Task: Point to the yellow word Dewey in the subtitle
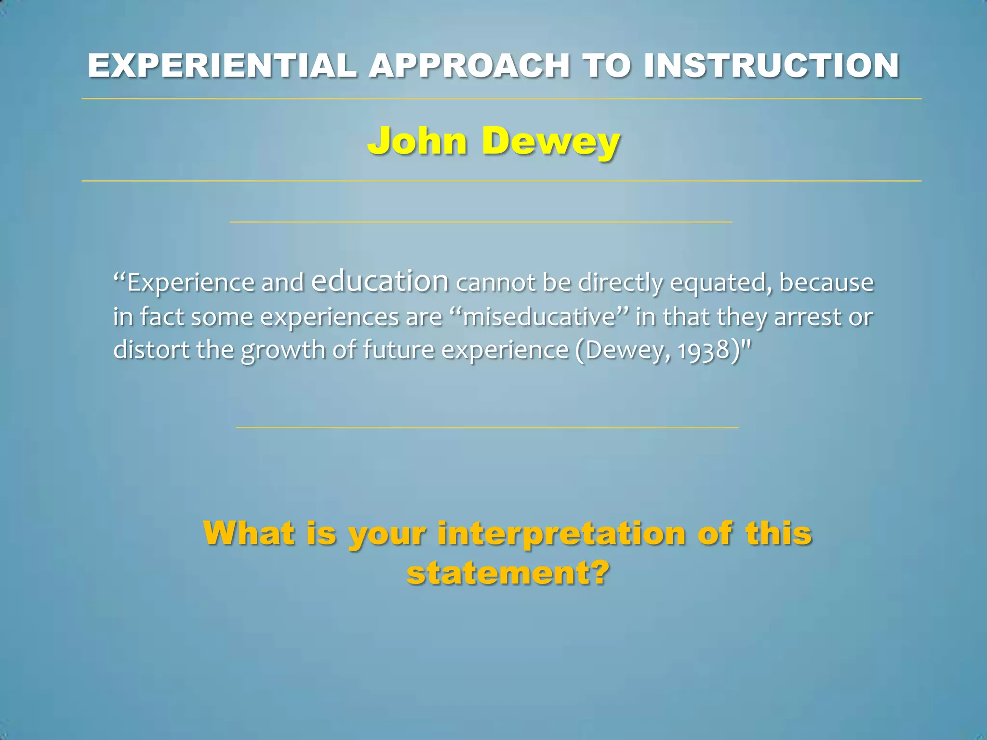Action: (x=551, y=142)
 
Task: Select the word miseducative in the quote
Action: (x=539, y=317)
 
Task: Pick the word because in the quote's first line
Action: (x=826, y=282)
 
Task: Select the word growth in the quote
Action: (x=283, y=351)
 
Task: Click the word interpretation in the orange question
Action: (x=561, y=534)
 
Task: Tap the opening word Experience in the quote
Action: (x=191, y=283)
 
